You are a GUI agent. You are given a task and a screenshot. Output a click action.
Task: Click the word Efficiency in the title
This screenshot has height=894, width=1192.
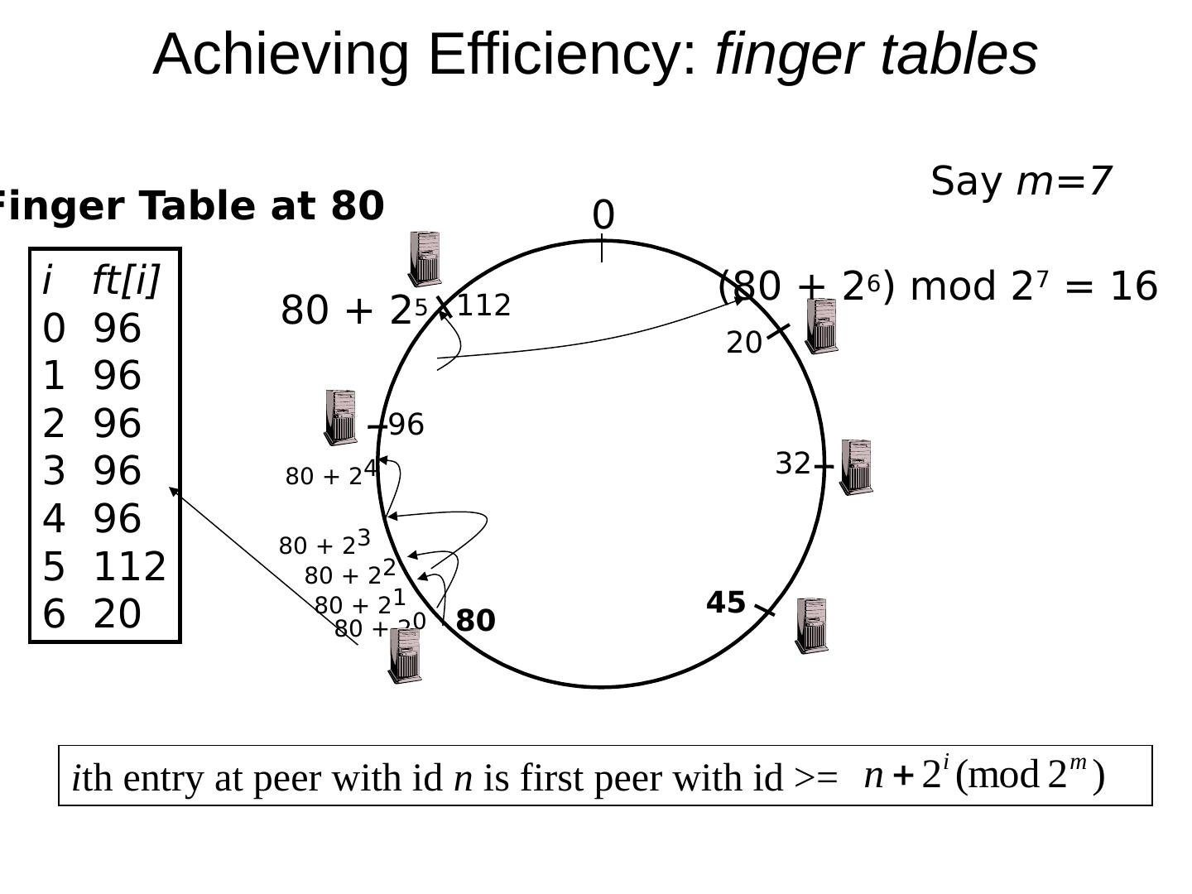tap(563, 55)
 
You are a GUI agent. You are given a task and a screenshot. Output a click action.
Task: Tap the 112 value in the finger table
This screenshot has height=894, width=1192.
tap(130, 567)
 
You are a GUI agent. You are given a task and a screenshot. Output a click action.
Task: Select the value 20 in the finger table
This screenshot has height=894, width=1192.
tap(118, 614)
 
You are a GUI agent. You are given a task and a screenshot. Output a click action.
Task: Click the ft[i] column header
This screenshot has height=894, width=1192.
tap(125, 281)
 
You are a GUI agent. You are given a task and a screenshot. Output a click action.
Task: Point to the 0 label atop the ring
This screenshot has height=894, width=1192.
tap(603, 216)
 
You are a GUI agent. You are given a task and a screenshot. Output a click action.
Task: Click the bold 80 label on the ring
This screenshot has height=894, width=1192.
tap(475, 621)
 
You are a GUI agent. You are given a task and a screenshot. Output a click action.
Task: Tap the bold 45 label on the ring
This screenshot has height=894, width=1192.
tap(726, 603)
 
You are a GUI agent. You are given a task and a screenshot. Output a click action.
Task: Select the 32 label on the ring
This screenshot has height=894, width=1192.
tap(792, 464)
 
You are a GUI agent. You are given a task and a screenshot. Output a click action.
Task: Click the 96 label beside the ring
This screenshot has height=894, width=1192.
tap(406, 425)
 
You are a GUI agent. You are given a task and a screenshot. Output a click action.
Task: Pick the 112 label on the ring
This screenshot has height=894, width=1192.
tap(483, 306)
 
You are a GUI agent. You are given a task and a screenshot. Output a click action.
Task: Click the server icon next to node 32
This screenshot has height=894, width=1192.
tap(856, 468)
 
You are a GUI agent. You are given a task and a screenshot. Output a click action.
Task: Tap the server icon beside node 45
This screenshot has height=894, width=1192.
tap(811, 626)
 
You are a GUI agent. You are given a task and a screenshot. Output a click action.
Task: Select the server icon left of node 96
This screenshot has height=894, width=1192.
tap(340, 417)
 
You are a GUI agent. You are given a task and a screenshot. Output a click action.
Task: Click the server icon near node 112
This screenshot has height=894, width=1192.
tap(425, 259)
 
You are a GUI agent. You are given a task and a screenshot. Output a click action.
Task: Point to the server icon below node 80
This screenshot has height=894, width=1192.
tap(405, 656)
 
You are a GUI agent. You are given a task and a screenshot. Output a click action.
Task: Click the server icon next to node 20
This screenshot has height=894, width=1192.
tap(821, 326)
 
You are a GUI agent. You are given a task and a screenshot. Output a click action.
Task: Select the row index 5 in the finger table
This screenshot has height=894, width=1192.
tap(53, 567)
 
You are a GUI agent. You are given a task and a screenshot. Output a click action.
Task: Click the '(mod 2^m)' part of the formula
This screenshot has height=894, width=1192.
tap(1030, 776)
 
